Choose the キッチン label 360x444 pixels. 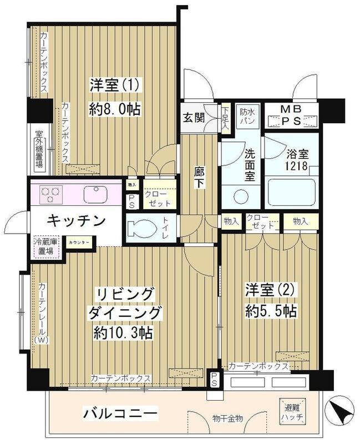(x=76, y=221)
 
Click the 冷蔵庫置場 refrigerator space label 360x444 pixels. (x=44, y=246)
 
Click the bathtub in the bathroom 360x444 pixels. (x=291, y=195)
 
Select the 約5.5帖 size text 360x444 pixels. (x=270, y=311)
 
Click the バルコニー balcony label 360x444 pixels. (x=120, y=413)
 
